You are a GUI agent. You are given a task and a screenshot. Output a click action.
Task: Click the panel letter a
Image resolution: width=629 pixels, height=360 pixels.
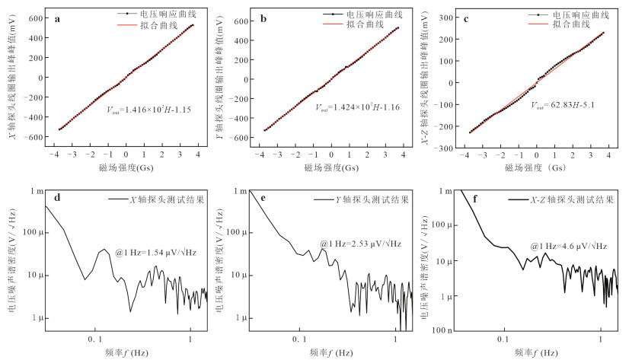(57, 19)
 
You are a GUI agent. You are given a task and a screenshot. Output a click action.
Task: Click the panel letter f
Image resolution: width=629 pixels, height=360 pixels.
(475, 199)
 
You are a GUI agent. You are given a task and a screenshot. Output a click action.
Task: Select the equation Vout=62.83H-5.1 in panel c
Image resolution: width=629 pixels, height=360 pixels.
(563, 105)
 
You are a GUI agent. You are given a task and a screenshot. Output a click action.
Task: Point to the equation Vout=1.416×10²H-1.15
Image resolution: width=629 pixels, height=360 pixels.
(148, 110)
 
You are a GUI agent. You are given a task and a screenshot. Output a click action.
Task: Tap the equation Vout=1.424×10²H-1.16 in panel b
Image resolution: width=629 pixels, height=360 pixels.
(357, 107)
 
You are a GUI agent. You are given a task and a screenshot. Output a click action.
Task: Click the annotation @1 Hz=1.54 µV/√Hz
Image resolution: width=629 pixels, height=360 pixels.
(156, 253)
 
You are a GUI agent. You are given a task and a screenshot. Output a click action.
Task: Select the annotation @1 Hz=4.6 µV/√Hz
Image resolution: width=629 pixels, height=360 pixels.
(569, 246)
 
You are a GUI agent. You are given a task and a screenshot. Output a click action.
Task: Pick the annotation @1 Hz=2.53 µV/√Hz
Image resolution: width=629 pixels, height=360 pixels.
(361, 244)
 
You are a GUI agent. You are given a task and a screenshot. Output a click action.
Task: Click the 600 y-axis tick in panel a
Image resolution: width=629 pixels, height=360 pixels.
(35, 18)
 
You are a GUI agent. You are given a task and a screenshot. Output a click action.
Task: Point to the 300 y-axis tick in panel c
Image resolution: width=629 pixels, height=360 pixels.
(446, 18)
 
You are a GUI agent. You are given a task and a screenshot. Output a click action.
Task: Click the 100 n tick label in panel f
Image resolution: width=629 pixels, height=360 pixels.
(442, 330)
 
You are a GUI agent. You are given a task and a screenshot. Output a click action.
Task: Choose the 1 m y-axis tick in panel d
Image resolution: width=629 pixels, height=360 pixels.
(37, 191)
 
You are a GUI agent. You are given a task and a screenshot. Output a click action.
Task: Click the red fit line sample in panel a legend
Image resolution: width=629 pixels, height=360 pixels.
(127, 25)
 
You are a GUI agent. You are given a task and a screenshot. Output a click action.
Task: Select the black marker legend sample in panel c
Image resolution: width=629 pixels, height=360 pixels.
(538, 14)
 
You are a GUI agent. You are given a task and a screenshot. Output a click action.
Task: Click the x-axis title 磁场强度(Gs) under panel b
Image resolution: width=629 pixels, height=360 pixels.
(331, 167)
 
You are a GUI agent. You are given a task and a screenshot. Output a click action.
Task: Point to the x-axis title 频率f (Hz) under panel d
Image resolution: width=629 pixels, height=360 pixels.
(126, 353)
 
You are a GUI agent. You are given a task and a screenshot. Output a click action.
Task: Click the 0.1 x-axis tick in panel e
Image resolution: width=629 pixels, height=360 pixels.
(299, 339)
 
